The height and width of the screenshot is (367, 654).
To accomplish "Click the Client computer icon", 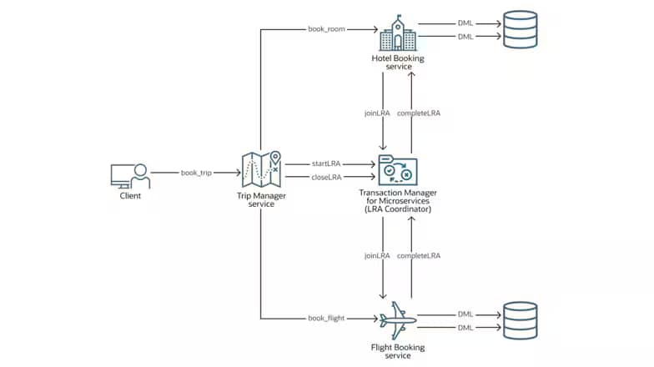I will tap(129, 176).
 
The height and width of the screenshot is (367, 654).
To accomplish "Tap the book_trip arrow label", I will tap(196, 173).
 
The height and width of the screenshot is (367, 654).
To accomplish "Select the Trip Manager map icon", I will tap(261, 170).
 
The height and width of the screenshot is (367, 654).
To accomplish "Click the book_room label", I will tap(325, 29).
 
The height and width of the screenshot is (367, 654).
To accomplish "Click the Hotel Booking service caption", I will tap(397, 63).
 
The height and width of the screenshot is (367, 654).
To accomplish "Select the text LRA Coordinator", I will tap(397, 209).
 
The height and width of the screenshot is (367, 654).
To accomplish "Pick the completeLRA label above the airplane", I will tap(419, 254).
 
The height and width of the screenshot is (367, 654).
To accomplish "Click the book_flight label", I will tap(326, 318).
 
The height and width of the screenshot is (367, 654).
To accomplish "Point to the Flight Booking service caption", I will tap(397, 351).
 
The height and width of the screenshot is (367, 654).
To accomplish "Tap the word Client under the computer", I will tap(129, 197).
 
